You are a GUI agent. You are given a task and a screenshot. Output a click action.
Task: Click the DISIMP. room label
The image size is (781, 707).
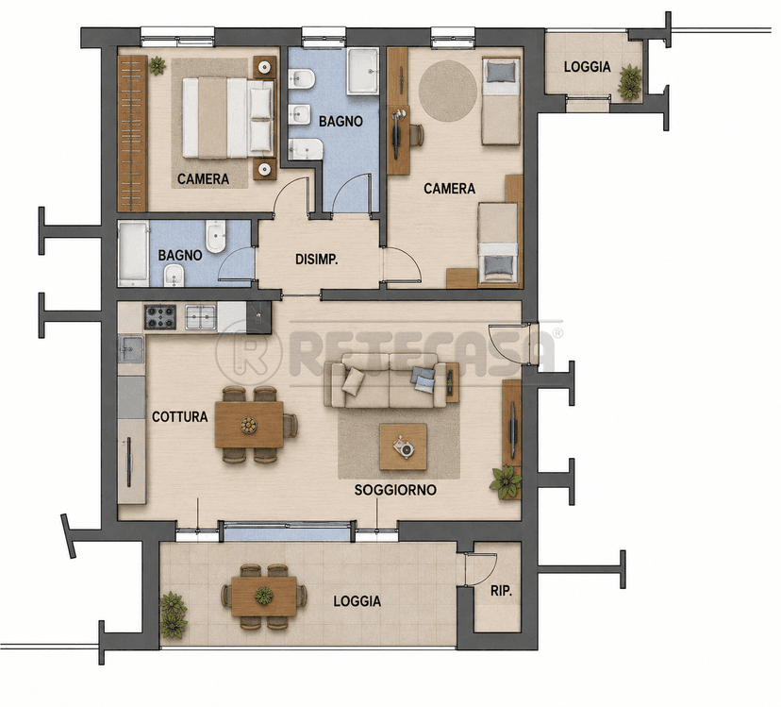[317, 260]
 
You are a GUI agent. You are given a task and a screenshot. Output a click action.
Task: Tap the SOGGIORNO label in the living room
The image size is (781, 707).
[395, 490]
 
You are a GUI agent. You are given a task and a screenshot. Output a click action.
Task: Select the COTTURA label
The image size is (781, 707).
[180, 417]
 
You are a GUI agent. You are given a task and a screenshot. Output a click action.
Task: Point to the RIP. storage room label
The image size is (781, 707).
[501, 591]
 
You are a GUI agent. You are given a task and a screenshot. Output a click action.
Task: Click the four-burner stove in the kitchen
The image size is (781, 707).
[160, 317]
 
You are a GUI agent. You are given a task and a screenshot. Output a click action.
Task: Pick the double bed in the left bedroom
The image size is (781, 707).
[228, 118]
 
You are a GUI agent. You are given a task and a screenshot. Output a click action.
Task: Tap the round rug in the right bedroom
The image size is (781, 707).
[448, 91]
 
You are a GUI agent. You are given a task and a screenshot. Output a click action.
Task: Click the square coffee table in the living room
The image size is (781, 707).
[403, 446]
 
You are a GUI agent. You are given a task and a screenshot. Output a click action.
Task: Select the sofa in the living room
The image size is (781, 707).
[385, 380]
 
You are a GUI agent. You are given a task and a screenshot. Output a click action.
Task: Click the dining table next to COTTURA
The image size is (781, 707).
[249, 425]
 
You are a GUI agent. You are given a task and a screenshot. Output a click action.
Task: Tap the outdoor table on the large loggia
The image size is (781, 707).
[264, 596]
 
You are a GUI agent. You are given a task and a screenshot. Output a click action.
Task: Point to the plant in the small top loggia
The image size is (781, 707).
[630, 82]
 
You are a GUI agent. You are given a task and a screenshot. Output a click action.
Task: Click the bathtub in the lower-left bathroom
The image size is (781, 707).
[134, 254]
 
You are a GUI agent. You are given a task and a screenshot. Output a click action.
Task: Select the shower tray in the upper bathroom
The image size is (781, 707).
[362, 71]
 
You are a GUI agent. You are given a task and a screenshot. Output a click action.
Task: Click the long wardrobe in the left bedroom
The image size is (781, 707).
[132, 133]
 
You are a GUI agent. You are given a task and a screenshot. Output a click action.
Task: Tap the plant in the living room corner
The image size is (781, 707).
[506, 482]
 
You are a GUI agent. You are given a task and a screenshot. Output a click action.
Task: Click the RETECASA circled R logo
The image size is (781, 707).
[249, 351]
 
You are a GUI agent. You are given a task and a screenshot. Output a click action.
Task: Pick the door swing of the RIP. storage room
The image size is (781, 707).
[482, 568]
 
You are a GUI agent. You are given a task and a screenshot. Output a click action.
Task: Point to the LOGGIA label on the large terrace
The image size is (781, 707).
[357, 601]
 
